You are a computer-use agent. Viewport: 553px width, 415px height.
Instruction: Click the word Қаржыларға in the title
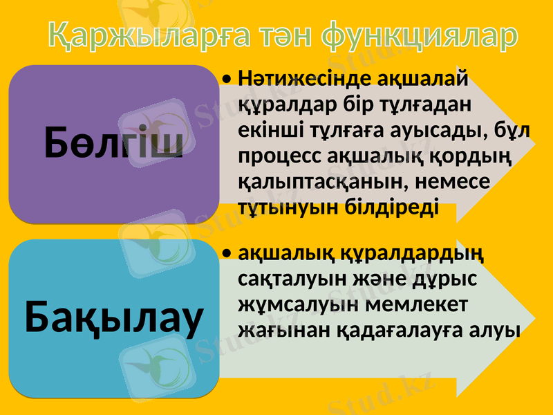(x=129, y=35)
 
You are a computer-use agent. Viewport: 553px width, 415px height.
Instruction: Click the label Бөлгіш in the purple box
(x=114, y=143)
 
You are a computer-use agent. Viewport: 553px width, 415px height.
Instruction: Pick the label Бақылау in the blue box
(x=114, y=317)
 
